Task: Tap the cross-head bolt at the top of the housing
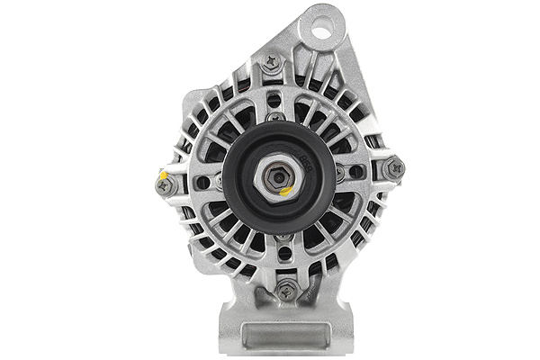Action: pos(271,64)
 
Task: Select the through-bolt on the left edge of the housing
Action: pos(165,185)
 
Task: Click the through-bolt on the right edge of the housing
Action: pos(392,168)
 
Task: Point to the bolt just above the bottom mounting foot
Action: pos(286,290)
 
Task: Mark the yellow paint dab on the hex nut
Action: pos(284,191)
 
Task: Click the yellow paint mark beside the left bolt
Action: pos(163,174)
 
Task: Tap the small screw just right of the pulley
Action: pos(338,171)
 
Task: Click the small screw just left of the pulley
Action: pos(219,181)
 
